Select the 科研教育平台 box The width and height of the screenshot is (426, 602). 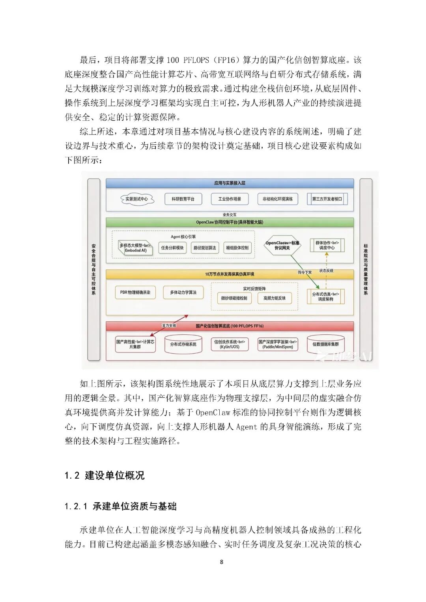183,199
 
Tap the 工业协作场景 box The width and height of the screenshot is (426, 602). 230,199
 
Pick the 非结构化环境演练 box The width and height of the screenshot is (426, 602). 278,199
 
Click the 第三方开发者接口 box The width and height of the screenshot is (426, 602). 327,199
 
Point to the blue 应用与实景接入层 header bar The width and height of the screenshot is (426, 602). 230,183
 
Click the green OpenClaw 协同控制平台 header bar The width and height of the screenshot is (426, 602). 230,222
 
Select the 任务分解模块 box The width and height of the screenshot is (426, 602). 172,248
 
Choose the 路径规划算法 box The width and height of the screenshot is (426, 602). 205,248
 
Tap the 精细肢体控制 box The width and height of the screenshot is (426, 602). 237,248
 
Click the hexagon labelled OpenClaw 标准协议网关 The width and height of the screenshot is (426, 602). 282,246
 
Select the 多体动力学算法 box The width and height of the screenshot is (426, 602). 183,293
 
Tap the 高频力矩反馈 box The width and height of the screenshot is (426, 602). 275,298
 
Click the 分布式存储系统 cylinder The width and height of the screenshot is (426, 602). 183,344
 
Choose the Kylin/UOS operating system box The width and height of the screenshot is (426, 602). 230,344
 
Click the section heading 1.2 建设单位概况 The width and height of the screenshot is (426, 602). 105,475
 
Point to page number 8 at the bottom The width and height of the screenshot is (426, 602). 221,562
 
